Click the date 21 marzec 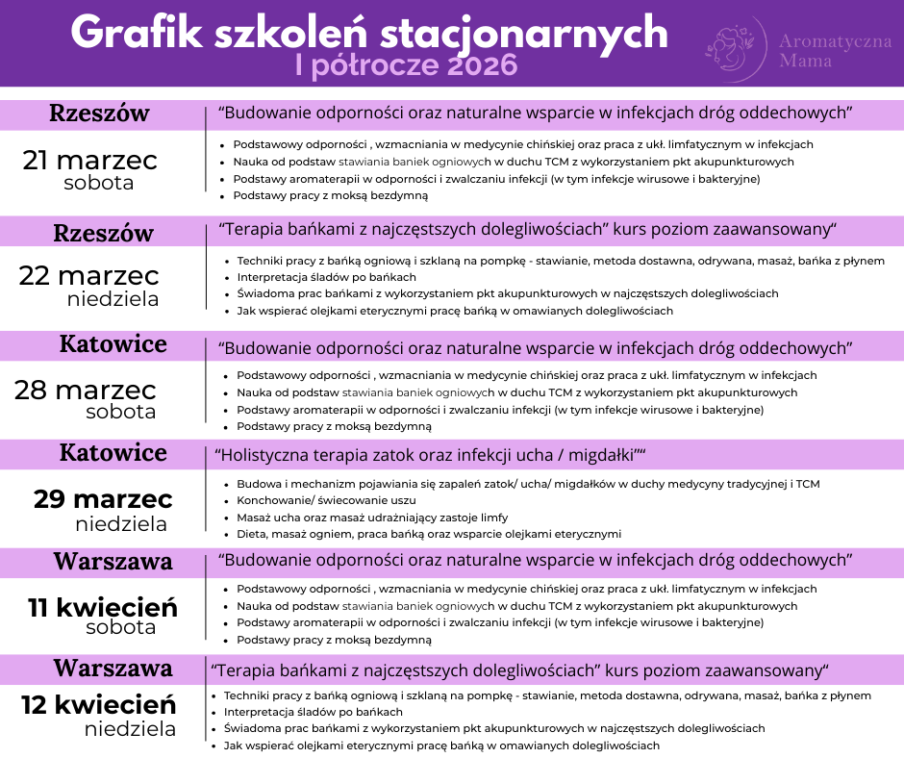90,160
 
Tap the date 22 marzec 89,275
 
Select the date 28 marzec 86,390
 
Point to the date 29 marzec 103,499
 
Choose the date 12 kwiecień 98,704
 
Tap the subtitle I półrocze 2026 407,65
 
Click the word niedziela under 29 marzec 121,524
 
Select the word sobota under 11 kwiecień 121,628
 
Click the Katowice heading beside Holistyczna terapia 113,453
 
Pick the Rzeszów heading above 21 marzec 100,114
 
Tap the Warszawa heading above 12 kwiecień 113,668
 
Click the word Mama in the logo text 806,61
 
